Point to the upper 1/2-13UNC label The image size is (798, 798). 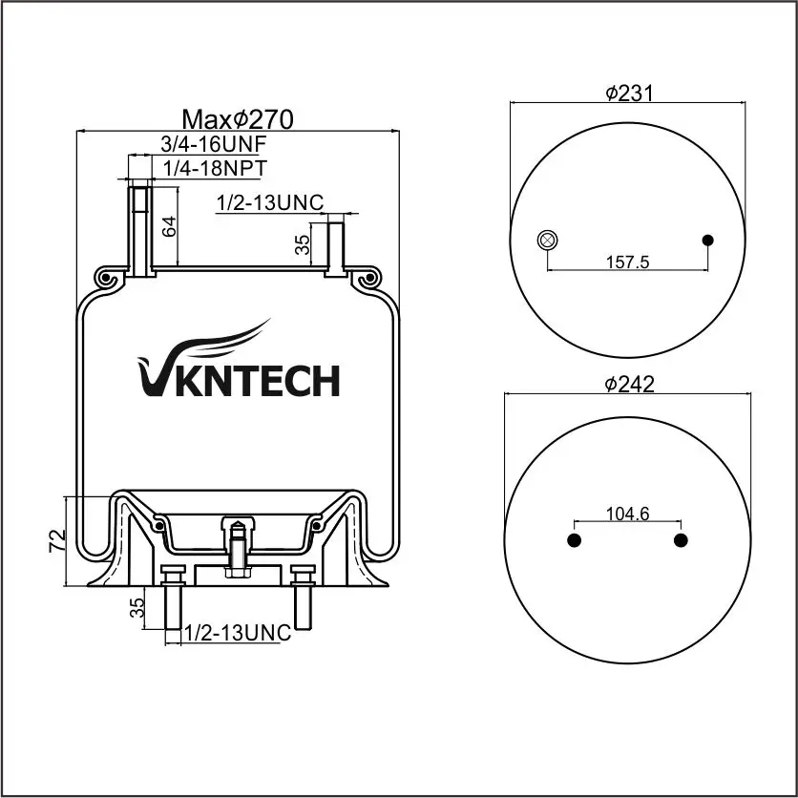(x=270, y=202)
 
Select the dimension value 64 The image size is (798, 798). (x=170, y=227)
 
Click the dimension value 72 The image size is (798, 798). (x=58, y=540)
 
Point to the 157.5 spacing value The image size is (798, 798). (x=627, y=261)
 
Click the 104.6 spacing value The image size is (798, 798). (x=627, y=514)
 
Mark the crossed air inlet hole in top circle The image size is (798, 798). (x=547, y=240)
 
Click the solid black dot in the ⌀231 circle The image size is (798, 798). (x=707, y=240)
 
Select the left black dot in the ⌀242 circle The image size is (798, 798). (x=574, y=541)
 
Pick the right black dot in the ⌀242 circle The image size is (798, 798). (x=681, y=541)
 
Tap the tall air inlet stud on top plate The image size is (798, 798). (x=140, y=229)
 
